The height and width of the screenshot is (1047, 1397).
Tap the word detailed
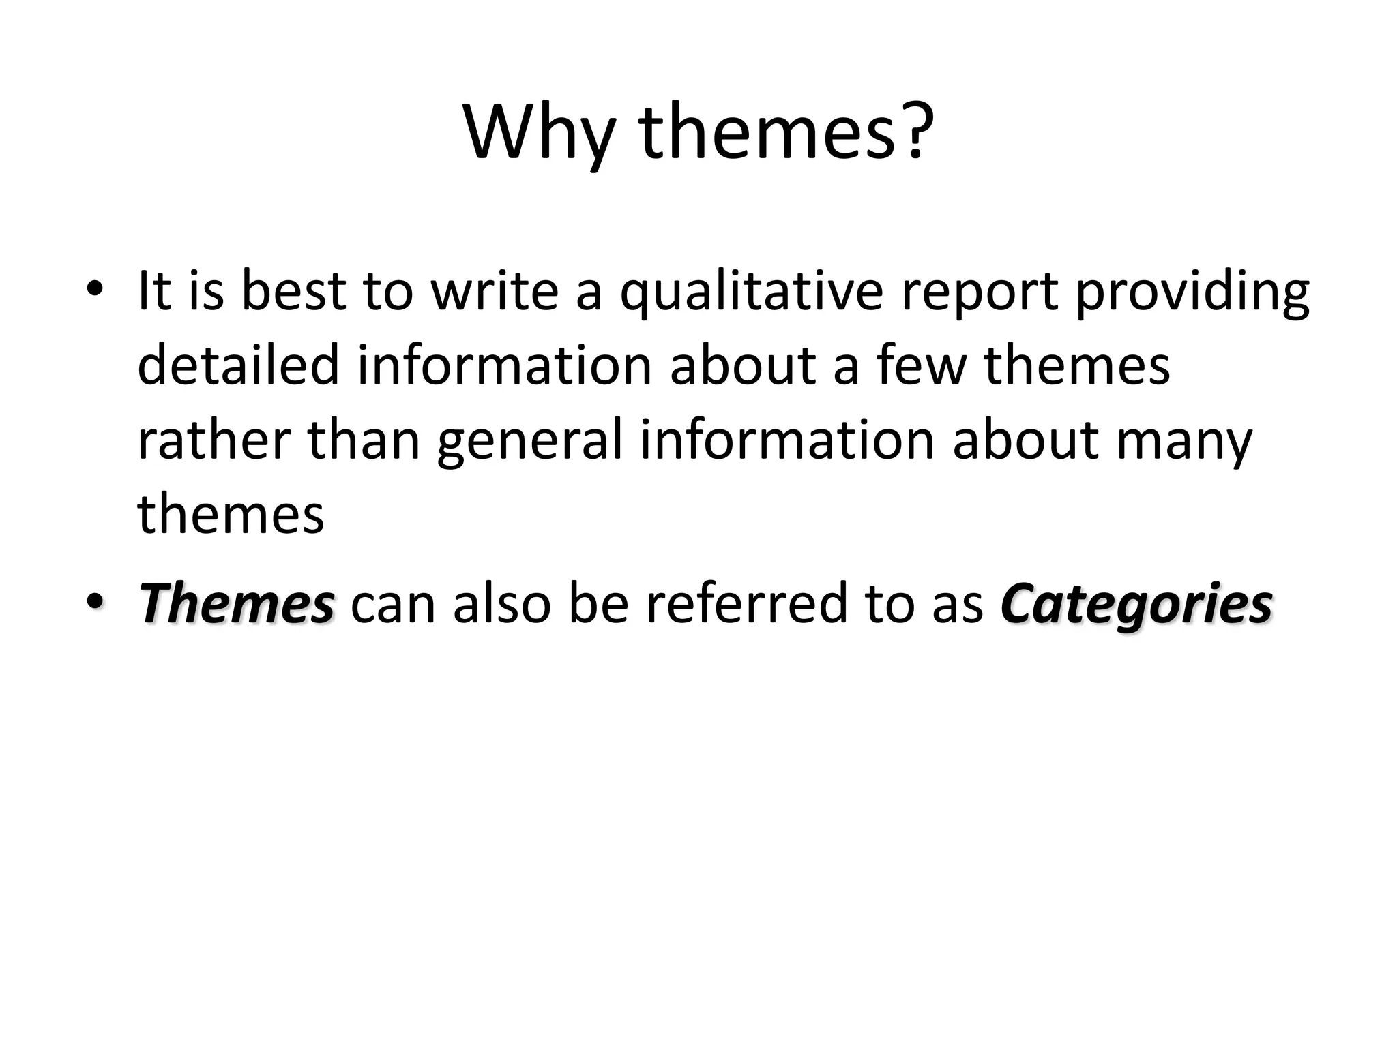pyautogui.click(x=238, y=365)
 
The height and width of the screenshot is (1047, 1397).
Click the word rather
pyautogui.click(x=214, y=440)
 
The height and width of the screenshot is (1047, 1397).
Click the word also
pyautogui.click(x=501, y=603)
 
